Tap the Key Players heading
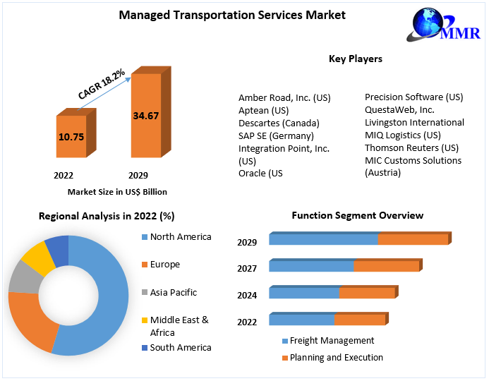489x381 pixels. pyautogui.click(x=356, y=59)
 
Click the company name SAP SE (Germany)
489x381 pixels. pyautogui.click(x=276, y=135)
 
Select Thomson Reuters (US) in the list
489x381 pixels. pyautogui.click(x=411, y=147)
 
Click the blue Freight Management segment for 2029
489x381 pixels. pyautogui.click(x=323, y=240)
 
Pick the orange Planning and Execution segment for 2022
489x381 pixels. pyautogui.click(x=359, y=320)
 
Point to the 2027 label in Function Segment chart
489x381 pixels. pyautogui.click(x=247, y=268)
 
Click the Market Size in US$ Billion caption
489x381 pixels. pyautogui.click(x=117, y=191)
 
